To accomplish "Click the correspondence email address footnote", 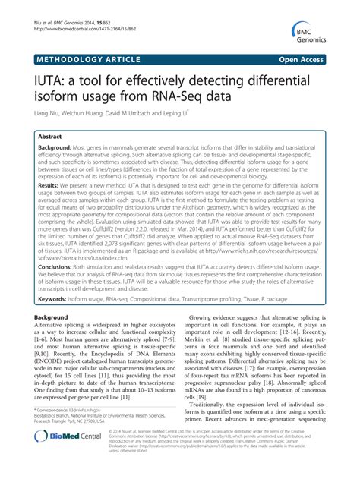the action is (81, 410).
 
